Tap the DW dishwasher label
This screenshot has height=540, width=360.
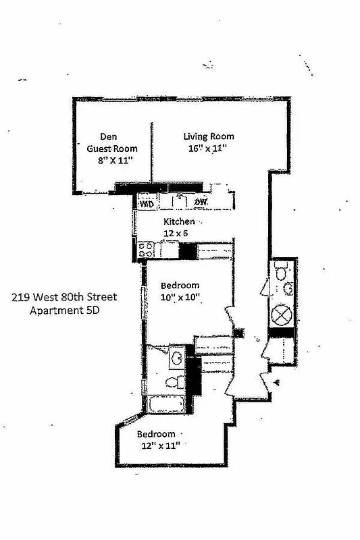click(x=201, y=202)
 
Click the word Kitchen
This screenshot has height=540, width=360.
click(x=180, y=221)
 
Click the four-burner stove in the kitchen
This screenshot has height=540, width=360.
click(x=147, y=251)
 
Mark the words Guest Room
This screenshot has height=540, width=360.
click(x=112, y=148)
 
